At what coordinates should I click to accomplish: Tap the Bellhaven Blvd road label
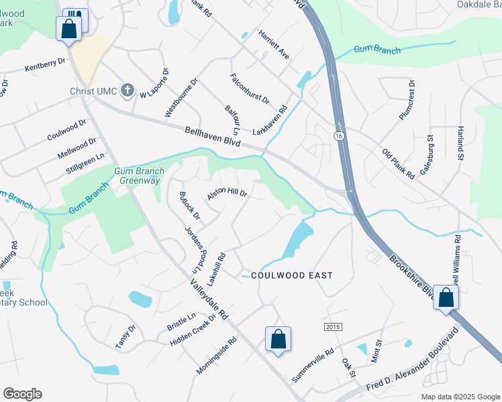(x=212, y=137)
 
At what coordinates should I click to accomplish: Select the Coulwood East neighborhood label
(x=292, y=275)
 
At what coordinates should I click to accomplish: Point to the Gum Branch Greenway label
(x=138, y=176)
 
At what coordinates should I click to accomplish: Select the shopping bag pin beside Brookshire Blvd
(x=446, y=298)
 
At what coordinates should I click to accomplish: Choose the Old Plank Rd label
(x=399, y=163)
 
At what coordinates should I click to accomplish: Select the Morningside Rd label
(x=217, y=355)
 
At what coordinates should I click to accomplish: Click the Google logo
(x=22, y=394)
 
